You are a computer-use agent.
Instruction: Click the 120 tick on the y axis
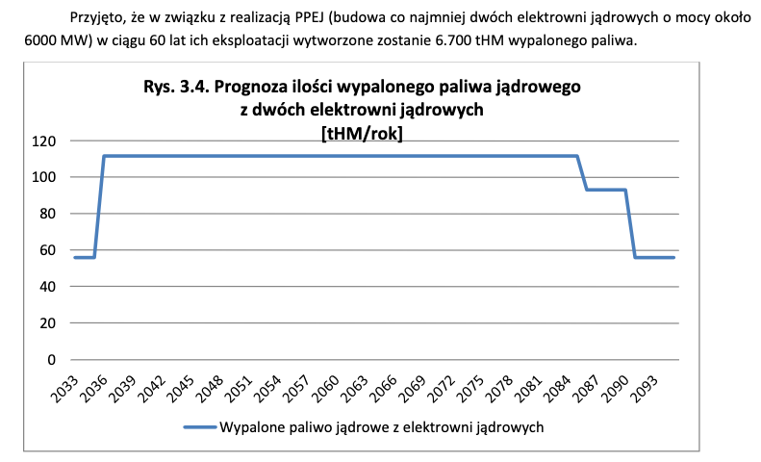44,141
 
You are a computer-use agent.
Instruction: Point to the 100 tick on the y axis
44,177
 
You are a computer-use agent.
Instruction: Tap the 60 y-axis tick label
47,250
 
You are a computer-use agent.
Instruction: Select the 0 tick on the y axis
51,360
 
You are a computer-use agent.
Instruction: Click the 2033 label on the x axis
64,389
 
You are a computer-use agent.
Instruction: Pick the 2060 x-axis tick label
324,389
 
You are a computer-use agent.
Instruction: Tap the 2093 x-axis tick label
644,389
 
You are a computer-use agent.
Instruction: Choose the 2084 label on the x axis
557,389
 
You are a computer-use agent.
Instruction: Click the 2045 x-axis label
180,389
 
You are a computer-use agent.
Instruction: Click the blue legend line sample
200,427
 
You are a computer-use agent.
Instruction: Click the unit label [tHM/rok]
362,133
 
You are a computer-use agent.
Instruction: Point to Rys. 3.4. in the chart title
176,87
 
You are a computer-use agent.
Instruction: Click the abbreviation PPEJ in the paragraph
309,18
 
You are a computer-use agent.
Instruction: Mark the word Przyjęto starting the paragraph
97,18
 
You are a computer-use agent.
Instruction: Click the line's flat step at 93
606,190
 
